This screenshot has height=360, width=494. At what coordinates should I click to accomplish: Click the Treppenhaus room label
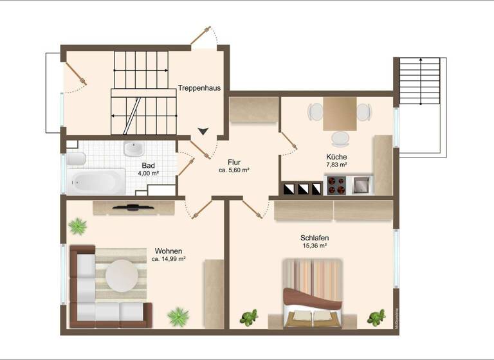[x=200, y=89]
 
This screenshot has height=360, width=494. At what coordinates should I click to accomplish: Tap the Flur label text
[x=233, y=162]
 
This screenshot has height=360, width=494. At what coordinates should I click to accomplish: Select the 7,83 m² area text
[x=336, y=165]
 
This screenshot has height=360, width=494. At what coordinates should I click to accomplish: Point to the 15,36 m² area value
[x=315, y=246]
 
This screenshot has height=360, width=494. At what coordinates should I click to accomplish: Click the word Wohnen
[x=169, y=251]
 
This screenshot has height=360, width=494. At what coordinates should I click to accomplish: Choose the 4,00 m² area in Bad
[x=148, y=173]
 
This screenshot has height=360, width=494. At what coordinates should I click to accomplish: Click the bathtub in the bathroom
[x=96, y=181]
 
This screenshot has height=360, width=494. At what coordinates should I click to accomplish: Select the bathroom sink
[x=134, y=149]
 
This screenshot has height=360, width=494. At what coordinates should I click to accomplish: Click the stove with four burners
[x=337, y=185]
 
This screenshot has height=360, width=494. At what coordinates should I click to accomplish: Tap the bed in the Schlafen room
[x=313, y=293]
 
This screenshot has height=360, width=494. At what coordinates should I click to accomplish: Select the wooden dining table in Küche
[x=340, y=113]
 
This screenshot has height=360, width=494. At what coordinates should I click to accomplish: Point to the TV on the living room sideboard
[x=133, y=207]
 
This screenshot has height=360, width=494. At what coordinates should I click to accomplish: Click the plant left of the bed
[x=248, y=318]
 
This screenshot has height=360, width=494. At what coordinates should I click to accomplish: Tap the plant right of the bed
[x=376, y=318]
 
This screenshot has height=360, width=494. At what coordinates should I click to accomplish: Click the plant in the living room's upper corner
[x=78, y=226]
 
